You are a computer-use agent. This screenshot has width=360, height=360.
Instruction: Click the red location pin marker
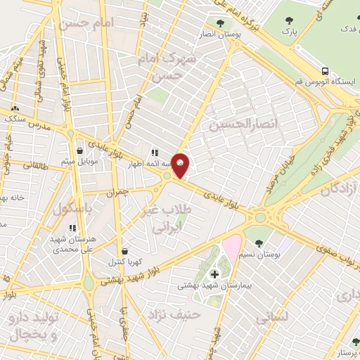coord(181,165)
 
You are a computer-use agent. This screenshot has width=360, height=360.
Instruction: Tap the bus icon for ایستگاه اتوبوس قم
coord(324,71)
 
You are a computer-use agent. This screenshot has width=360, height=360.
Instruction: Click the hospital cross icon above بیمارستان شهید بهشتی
coord(214,274)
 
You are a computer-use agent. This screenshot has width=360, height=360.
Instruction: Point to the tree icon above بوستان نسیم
coord(259,243)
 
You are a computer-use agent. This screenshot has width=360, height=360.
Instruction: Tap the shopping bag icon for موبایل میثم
coord(79,150)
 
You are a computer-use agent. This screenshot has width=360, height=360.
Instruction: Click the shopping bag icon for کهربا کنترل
coord(124,250)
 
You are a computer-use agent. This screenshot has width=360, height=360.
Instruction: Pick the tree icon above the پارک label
coord(289,21)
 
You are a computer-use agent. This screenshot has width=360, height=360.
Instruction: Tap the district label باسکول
coord(73,209)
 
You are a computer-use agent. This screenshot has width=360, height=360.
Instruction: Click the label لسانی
coord(271,318)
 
